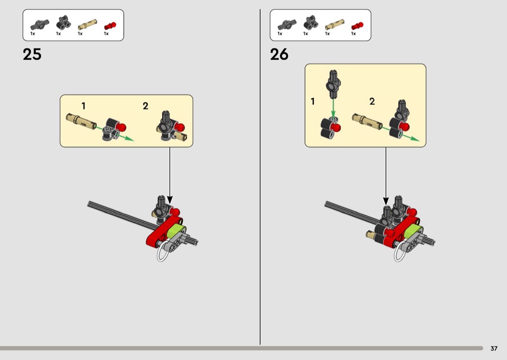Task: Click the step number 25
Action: click(x=32, y=55)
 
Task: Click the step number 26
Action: click(x=279, y=55)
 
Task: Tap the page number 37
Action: click(x=494, y=348)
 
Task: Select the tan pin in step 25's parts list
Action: click(x=87, y=25)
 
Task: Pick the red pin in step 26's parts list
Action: click(x=357, y=26)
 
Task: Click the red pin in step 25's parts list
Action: click(x=110, y=26)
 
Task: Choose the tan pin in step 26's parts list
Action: click(x=335, y=25)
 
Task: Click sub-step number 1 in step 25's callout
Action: click(x=84, y=106)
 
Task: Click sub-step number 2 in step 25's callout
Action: click(x=145, y=106)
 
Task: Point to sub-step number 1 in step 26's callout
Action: click(x=312, y=101)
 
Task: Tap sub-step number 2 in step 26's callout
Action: click(x=372, y=101)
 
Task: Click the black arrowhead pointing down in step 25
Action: click(x=170, y=200)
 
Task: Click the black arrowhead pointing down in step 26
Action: click(x=386, y=201)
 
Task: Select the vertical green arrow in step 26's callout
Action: click(x=333, y=108)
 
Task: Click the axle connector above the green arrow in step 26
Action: click(x=334, y=84)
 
